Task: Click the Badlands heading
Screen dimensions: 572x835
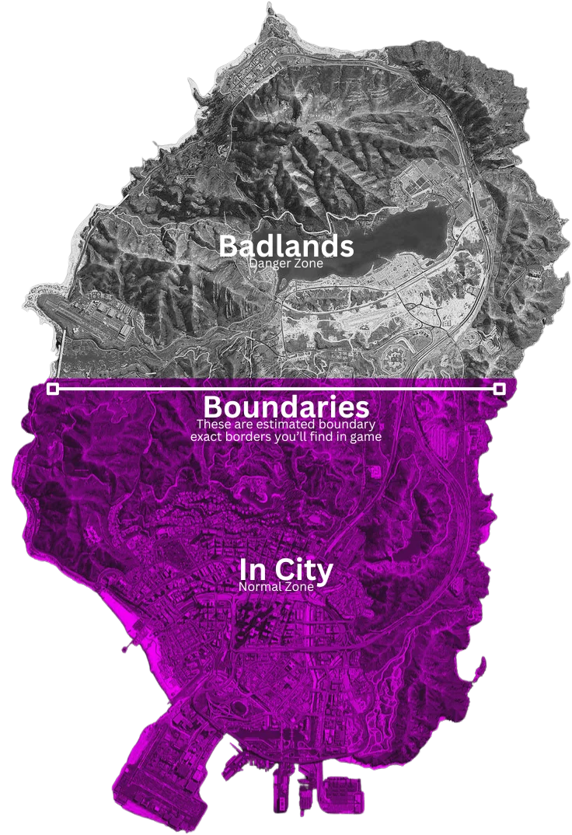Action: (286, 246)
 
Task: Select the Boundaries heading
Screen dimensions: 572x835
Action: (286, 407)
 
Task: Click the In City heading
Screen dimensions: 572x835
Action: (286, 571)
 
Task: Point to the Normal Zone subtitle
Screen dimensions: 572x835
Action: (277, 587)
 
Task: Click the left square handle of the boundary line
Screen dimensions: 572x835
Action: (53, 388)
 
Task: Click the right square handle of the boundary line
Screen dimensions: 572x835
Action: (500, 388)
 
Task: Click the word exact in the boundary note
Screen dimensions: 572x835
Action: (208, 437)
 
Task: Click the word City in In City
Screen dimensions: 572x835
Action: (305, 571)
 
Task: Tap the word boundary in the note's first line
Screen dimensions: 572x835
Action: (349, 425)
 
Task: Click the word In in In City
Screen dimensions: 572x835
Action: (253, 571)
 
